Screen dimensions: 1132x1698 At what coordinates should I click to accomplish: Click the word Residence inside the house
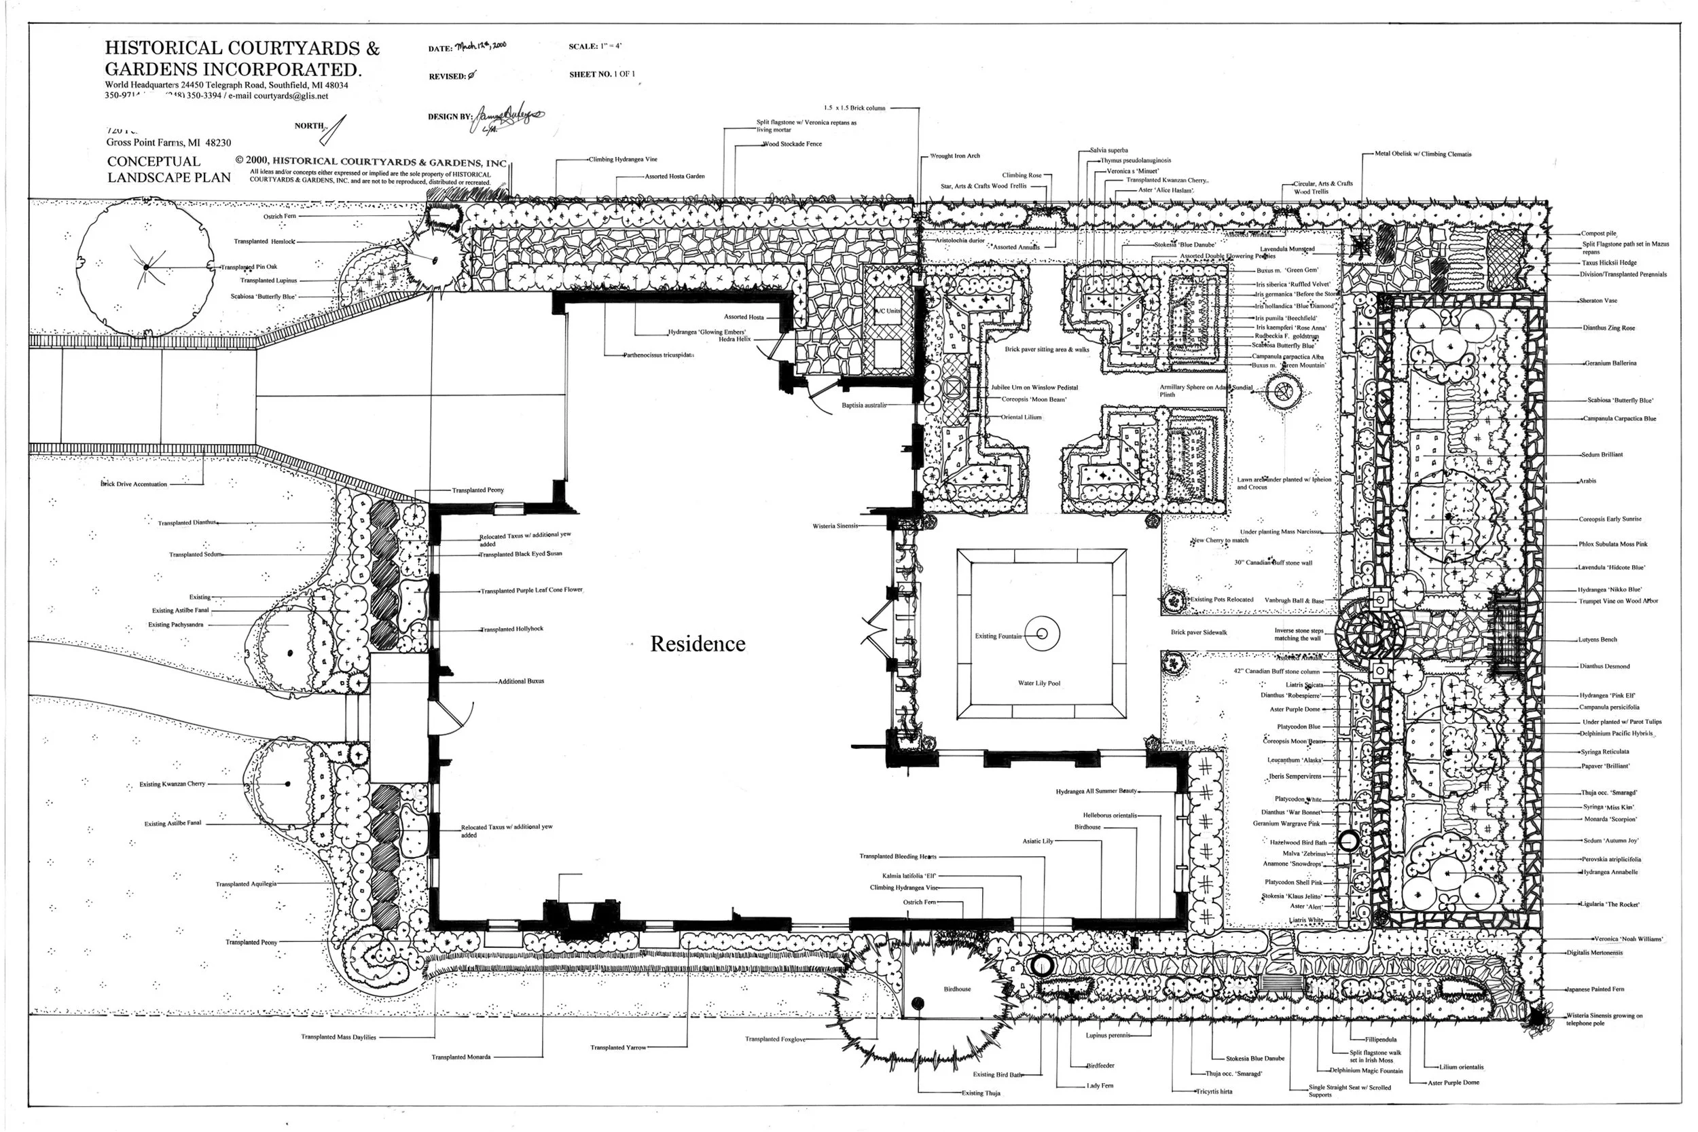[698, 644]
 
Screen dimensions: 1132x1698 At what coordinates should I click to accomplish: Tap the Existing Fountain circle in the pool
[1042, 634]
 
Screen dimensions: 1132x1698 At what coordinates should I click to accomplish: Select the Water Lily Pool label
[1039, 683]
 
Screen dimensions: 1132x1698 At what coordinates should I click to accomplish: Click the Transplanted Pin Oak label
[249, 267]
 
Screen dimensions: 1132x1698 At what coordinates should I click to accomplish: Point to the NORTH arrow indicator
[334, 130]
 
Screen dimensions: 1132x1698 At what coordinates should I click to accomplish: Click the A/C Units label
[887, 311]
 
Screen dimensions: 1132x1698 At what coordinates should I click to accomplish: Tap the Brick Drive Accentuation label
[134, 484]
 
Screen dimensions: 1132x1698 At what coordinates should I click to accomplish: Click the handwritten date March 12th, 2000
[480, 45]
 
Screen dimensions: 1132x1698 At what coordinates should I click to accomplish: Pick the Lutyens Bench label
[1598, 640]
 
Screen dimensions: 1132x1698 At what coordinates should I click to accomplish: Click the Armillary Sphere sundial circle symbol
[1282, 392]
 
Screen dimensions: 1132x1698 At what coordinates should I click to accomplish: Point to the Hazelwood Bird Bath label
[1298, 843]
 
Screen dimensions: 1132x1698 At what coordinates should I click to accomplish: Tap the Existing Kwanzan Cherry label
[172, 784]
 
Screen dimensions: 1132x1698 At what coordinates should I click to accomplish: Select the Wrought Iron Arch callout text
[954, 156]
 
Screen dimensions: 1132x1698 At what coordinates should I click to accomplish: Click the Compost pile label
[1598, 234]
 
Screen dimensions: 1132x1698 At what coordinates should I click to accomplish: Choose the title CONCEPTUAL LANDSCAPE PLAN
[169, 170]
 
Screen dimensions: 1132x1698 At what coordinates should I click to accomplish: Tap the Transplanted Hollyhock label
[512, 629]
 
